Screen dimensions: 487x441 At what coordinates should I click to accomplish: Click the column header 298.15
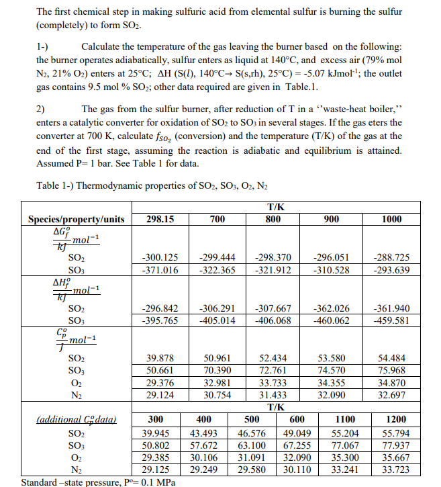tap(160, 220)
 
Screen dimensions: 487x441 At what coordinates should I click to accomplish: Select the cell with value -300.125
tap(160, 257)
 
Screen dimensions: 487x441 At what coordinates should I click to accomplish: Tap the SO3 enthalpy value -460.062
tap(332, 320)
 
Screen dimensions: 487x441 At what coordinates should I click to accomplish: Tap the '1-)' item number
tap(42, 45)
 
